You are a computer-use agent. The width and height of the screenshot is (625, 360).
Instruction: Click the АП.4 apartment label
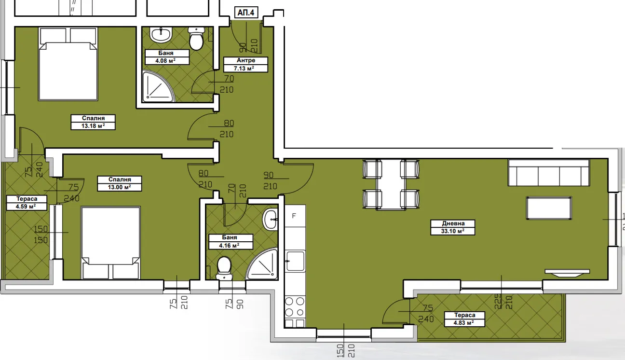pos(245,13)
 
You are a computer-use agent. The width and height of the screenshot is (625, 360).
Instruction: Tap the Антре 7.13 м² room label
pos(245,64)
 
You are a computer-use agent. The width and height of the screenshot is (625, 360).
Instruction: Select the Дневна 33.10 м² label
pos(453,227)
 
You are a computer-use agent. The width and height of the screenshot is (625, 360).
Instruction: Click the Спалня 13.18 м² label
pos(93,122)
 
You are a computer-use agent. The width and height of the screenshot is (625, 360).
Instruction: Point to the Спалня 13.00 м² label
pos(114,183)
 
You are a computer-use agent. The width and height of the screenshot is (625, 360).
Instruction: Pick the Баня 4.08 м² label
pos(166,57)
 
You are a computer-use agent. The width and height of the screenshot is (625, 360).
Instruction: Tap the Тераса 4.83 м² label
pos(464,319)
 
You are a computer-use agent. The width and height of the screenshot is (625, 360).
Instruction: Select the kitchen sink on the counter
pos(295,261)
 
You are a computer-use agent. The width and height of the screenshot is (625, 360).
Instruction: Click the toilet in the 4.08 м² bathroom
pos(196,39)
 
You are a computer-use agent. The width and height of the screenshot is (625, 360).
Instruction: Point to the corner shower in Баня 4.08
pos(157,87)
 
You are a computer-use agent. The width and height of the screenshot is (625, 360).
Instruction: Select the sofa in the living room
pos(548,173)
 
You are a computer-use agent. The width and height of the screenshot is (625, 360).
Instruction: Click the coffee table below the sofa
pos(549,208)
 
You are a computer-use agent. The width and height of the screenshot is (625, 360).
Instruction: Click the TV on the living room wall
pos(567,273)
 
